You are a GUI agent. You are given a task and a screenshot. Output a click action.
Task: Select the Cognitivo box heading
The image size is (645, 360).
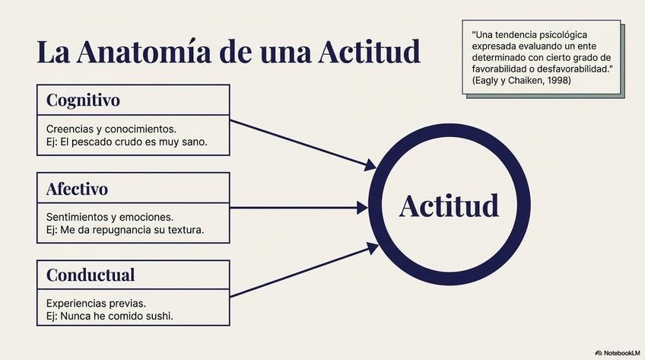[x=83, y=100]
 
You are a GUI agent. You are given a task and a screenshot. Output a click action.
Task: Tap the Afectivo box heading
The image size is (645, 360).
[x=77, y=188]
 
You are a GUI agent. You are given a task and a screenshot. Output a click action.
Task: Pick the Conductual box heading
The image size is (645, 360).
[x=91, y=275]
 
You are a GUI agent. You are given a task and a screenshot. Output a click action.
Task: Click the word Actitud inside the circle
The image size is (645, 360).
[x=449, y=205]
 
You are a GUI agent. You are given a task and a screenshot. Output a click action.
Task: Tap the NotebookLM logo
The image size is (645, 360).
[x=618, y=352]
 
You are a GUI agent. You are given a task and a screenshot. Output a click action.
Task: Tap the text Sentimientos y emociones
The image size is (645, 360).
[x=110, y=216]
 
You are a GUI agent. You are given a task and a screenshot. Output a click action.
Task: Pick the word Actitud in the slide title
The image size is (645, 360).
[x=369, y=53]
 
